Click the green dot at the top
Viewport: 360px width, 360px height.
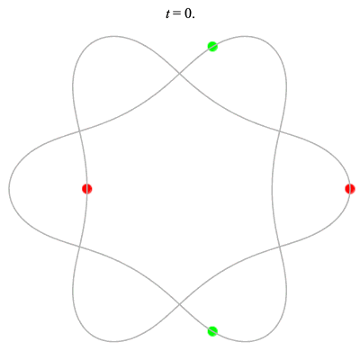pyautogui.click(x=212, y=47)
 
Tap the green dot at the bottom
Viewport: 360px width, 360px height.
pyautogui.click(x=212, y=331)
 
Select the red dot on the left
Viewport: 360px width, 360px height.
pyautogui.click(x=87, y=189)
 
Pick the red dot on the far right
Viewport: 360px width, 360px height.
pyautogui.click(x=350, y=189)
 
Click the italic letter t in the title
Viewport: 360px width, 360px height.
pyautogui.click(x=168, y=13)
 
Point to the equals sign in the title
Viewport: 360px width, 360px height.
pyautogui.click(x=176, y=14)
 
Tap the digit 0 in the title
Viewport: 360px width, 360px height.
pyautogui.click(x=187, y=13)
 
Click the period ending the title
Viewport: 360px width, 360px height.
pyautogui.click(x=193, y=17)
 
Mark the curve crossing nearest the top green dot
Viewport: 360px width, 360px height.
pyautogui.click(x=179, y=73)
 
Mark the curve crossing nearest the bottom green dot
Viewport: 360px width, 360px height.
pyautogui.click(x=179, y=304)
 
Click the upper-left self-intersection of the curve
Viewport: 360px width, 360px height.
pyautogui.click(x=79, y=130)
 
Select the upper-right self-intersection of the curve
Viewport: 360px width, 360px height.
pyautogui.click(x=280, y=130)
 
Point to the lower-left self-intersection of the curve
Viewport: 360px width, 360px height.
pyautogui.click(x=79, y=247)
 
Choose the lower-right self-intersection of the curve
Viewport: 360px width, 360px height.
pyautogui.click(x=280, y=247)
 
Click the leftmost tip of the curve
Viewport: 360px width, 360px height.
pyautogui.click(x=9, y=189)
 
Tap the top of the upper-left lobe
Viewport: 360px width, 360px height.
pyautogui.click(x=112, y=36)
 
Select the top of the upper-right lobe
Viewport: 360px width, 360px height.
pyautogui.click(x=247, y=36)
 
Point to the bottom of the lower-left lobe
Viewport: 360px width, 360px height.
pyautogui.click(x=112, y=341)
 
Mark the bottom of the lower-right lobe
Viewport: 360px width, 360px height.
pyautogui.click(x=247, y=341)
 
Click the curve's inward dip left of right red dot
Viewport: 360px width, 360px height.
pyautogui.click(x=272, y=189)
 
